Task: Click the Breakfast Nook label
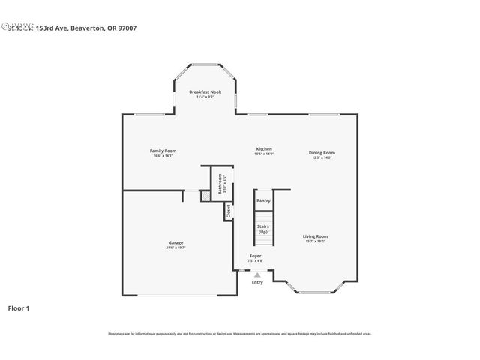(205, 91)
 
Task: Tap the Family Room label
(163, 151)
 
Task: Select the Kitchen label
(264, 148)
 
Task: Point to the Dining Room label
(322, 153)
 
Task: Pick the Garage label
(175, 242)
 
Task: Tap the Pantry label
(263, 201)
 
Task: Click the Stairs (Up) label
(263, 229)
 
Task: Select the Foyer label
(256, 256)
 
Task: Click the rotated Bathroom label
(220, 184)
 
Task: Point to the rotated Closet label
(229, 211)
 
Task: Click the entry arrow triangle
(256, 274)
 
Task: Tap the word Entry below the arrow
(257, 282)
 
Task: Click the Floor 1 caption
(19, 307)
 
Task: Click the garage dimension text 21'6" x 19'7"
(175, 247)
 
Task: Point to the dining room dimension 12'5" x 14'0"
(322, 157)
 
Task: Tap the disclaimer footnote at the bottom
(240, 334)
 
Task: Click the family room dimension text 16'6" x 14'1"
(163, 156)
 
